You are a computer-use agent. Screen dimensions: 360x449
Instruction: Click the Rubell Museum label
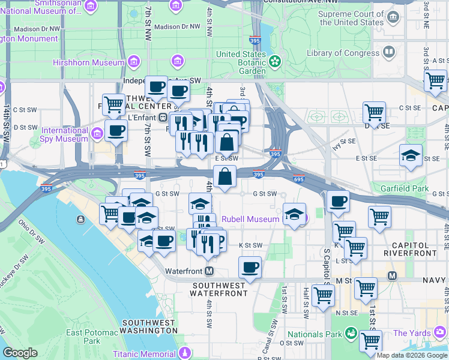tap(249, 219)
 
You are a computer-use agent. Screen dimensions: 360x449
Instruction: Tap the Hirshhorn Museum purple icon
tap(134, 62)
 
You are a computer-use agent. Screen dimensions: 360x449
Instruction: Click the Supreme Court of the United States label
tap(351, 18)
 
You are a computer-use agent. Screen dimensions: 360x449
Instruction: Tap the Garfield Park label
tap(404, 188)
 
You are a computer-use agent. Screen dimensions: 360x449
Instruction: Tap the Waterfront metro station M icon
tap(209, 271)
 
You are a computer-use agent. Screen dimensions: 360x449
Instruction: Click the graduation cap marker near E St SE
tap(411, 156)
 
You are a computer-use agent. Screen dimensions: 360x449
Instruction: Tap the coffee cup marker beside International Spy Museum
tap(116, 130)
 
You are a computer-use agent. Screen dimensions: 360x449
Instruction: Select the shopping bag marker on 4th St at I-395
tap(224, 177)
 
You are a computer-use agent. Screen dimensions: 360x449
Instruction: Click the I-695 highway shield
tap(299, 179)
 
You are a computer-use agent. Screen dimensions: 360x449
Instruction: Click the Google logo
tap(20, 353)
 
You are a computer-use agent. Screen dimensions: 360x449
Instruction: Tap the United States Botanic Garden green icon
tap(275, 61)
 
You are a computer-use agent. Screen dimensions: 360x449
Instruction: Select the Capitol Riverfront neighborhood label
tap(406, 249)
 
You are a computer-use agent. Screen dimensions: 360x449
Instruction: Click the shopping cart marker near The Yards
tap(370, 340)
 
